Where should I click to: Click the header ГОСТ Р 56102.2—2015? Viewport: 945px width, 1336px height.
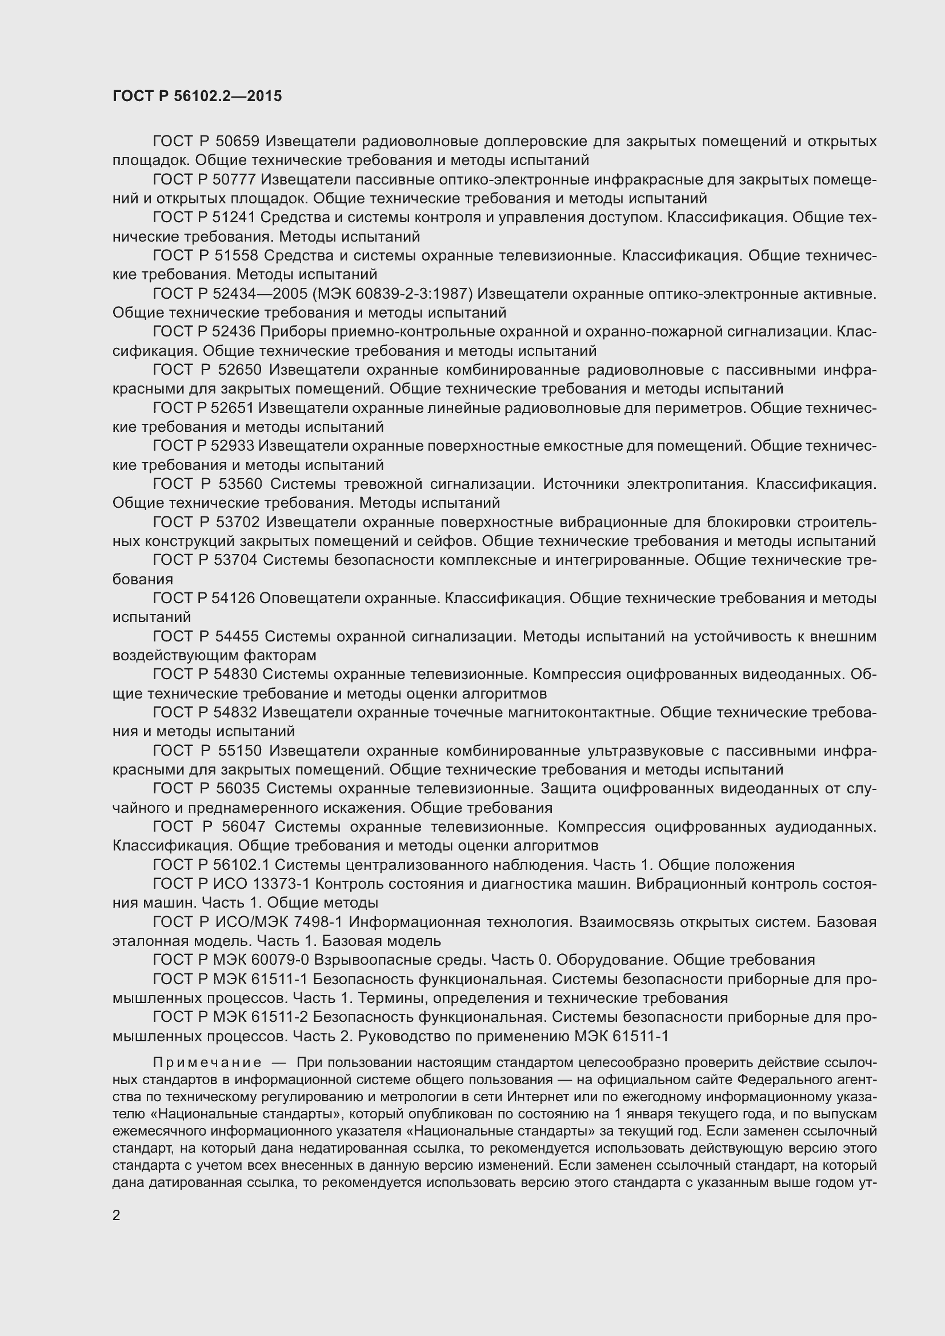[x=197, y=96]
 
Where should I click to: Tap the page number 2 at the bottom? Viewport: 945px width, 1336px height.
[x=117, y=1215]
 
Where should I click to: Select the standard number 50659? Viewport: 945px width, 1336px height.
[x=237, y=142]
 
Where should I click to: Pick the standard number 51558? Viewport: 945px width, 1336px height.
[x=237, y=256]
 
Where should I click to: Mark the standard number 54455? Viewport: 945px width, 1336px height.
[x=237, y=636]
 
